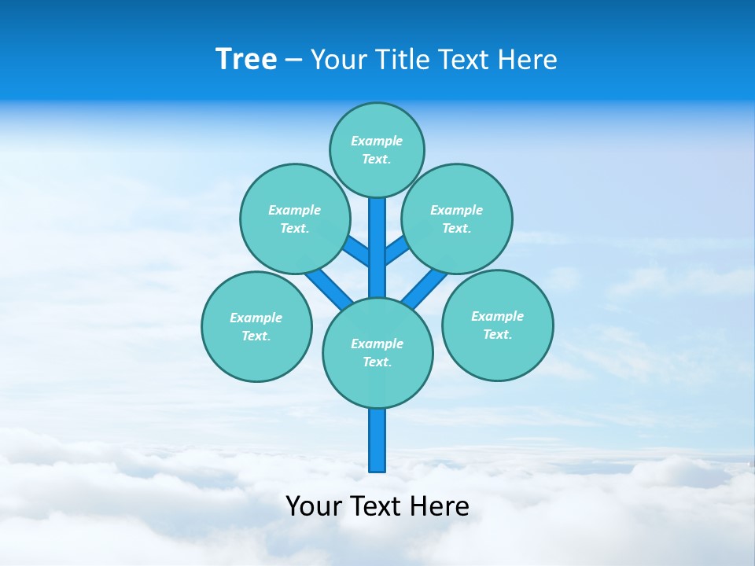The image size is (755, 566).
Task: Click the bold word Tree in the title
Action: click(246, 59)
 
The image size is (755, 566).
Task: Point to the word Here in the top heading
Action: click(528, 59)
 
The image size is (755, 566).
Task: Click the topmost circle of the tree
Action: click(377, 149)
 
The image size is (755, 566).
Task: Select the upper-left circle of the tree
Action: click(294, 219)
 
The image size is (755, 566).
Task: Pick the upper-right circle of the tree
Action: click(457, 219)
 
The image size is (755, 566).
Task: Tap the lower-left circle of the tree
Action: click(256, 326)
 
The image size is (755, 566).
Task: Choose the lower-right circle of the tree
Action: click(497, 325)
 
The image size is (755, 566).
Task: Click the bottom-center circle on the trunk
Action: click(377, 352)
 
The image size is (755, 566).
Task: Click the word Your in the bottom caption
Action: click(314, 506)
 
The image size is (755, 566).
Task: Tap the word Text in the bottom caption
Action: click(379, 506)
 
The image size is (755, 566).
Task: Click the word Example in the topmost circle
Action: click(377, 141)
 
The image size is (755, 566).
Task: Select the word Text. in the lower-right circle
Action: click(497, 334)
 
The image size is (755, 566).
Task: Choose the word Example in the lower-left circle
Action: click(256, 318)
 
